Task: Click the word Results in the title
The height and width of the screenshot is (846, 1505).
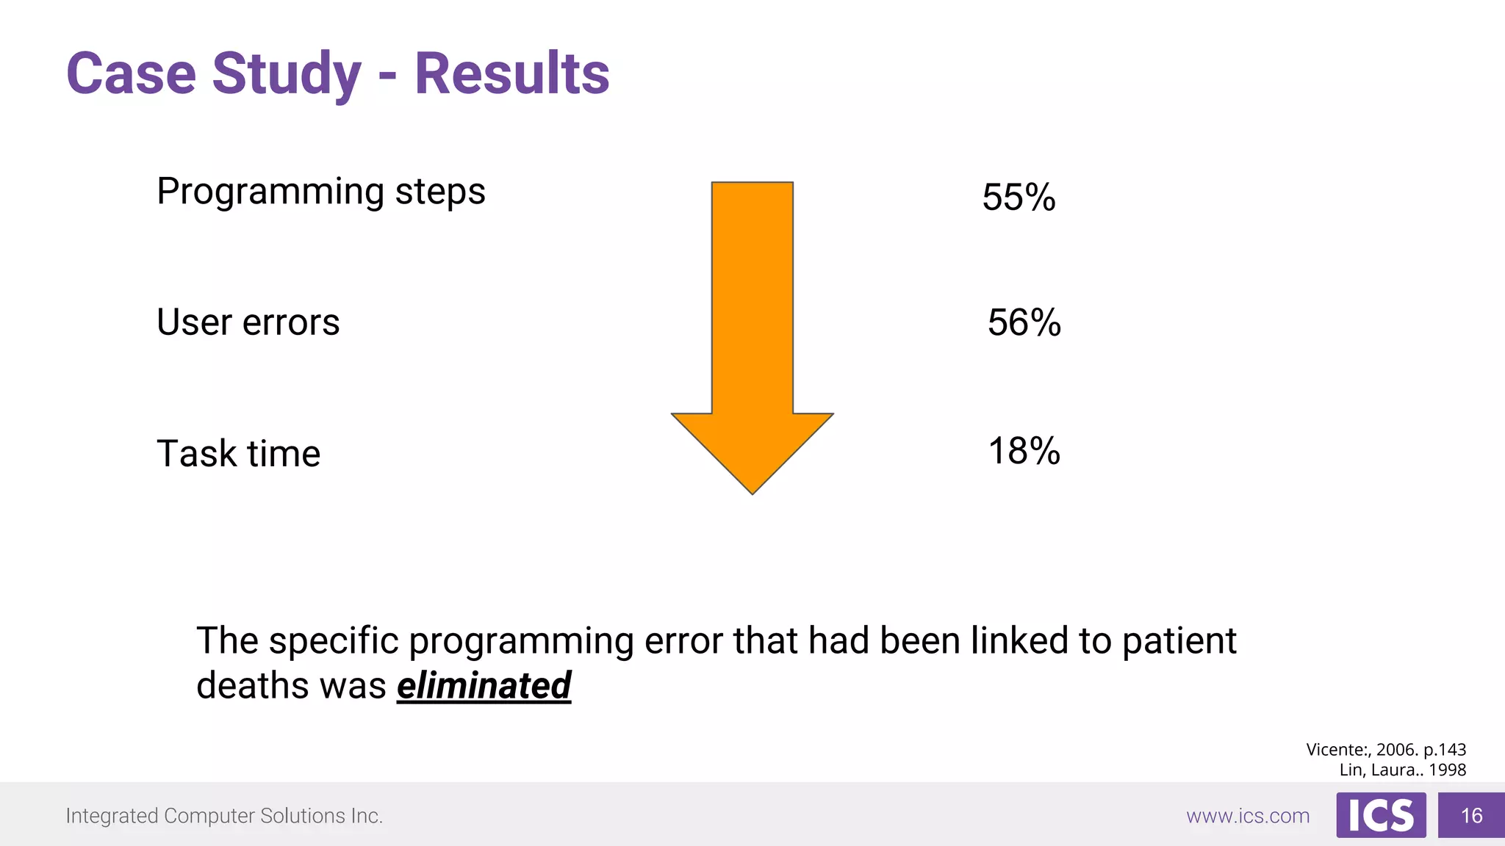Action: pyautogui.click(x=511, y=73)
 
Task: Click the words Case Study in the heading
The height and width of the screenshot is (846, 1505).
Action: pyautogui.click(x=214, y=75)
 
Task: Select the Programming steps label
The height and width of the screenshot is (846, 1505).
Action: pyautogui.click(x=321, y=192)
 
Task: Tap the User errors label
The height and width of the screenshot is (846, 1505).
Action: pyautogui.click(x=248, y=322)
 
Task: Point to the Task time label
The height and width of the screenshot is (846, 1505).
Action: pyautogui.click(x=239, y=453)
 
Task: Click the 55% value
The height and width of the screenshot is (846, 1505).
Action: pyautogui.click(x=1019, y=198)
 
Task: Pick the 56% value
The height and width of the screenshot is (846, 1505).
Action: pyautogui.click(x=1024, y=322)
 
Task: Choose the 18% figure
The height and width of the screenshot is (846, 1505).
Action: pyautogui.click(x=1024, y=451)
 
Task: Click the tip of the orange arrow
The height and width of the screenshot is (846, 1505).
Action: pyautogui.click(x=752, y=491)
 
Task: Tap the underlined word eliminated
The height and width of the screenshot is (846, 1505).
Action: pyautogui.click(x=484, y=686)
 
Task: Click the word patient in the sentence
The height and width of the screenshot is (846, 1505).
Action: pyautogui.click(x=1179, y=641)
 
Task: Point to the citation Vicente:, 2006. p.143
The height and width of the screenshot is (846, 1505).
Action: pyautogui.click(x=1385, y=750)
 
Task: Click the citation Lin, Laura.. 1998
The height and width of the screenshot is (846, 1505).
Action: pyautogui.click(x=1402, y=770)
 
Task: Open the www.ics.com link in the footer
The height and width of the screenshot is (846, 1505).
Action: pyautogui.click(x=1247, y=816)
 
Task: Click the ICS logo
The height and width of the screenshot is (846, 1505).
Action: pyautogui.click(x=1381, y=815)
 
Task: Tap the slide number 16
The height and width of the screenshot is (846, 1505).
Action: pyautogui.click(x=1471, y=816)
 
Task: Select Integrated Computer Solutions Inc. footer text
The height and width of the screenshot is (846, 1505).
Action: pyautogui.click(x=224, y=816)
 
